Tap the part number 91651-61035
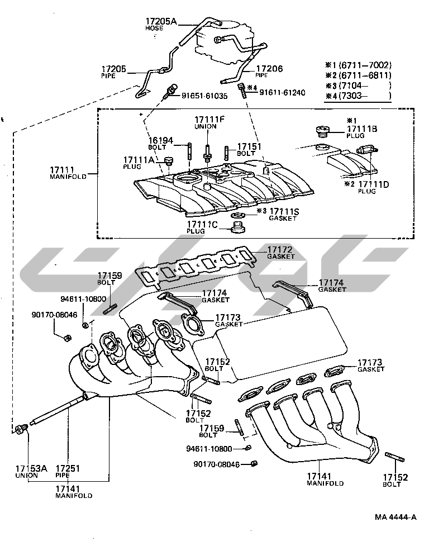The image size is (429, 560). pos(204,96)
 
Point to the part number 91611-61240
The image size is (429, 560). pos(282,92)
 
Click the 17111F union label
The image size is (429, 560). pos(209,120)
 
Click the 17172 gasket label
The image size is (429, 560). pos(280,250)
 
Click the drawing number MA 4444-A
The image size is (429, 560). pos(395,517)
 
